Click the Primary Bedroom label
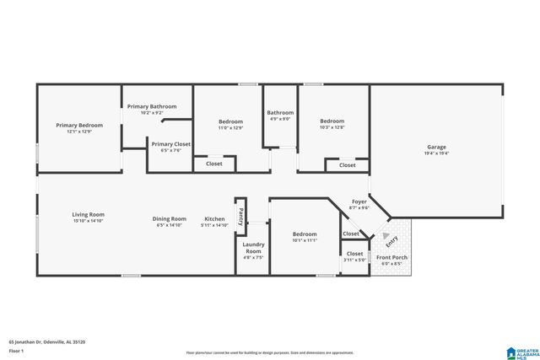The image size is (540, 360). (x=79, y=126)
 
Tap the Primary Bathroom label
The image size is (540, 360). (x=152, y=106)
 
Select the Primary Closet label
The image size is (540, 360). (x=171, y=144)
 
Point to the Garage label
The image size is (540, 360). (x=436, y=147)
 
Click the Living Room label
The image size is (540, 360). (x=88, y=214)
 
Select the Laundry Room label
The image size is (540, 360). (x=254, y=248)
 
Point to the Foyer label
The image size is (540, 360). (x=359, y=201)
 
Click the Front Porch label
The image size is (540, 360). (x=392, y=257)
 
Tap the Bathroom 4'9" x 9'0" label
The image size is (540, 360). (x=280, y=112)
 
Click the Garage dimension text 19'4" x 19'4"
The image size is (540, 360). (x=436, y=153)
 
